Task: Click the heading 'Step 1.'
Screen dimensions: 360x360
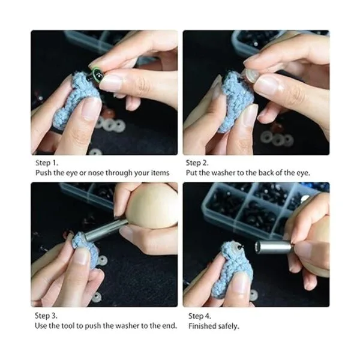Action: [x=47, y=163]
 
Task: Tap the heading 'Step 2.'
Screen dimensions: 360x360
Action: [x=197, y=163]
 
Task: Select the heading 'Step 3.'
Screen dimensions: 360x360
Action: [x=46, y=316]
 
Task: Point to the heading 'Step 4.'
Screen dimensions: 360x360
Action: [x=200, y=316]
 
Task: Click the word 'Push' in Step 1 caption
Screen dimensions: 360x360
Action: [x=43, y=173]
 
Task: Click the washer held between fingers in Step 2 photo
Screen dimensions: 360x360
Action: [x=250, y=76]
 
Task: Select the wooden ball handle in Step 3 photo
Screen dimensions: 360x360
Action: [x=152, y=206]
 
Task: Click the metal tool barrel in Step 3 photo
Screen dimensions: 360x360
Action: [x=106, y=230]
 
